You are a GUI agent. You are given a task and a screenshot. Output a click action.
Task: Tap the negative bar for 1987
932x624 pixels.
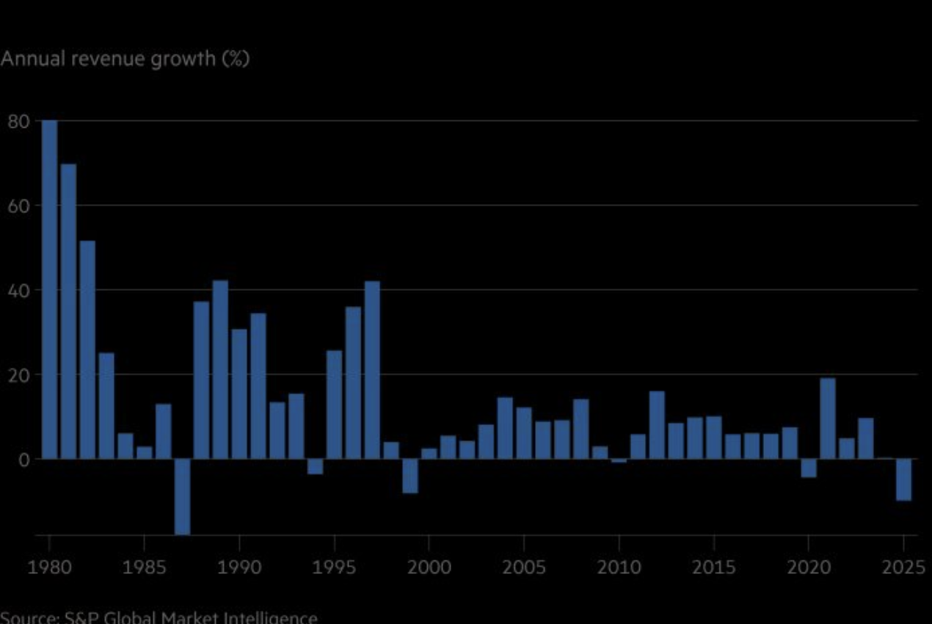(x=182, y=496)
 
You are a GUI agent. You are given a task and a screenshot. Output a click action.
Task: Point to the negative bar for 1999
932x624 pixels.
(x=410, y=476)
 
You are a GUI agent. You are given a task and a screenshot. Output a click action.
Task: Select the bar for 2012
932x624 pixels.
(x=657, y=425)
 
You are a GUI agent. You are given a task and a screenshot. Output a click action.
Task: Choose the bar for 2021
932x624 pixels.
(x=828, y=418)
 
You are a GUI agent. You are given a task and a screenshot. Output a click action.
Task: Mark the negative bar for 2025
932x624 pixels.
(x=903, y=479)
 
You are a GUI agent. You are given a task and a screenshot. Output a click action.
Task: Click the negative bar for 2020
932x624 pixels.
(x=809, y=468)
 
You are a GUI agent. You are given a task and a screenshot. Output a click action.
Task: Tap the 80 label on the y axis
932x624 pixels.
(x=18, y=121)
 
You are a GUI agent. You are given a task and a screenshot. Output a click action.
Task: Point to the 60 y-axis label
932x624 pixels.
(x=18, y=206)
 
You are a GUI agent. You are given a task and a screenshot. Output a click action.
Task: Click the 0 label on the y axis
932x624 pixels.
(x=23, y=460)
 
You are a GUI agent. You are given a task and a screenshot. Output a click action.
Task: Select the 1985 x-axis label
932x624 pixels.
(x=145, y=567)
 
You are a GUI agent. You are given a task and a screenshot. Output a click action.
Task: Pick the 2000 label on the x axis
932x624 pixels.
(x=429, y=567)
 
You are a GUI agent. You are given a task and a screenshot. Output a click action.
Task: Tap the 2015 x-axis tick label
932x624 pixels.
(x=714, y=567)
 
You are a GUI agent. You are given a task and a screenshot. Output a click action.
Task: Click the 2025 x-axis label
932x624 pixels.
(x=900, y=567)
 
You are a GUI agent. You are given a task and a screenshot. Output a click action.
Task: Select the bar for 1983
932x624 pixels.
(x=106, y=406)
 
